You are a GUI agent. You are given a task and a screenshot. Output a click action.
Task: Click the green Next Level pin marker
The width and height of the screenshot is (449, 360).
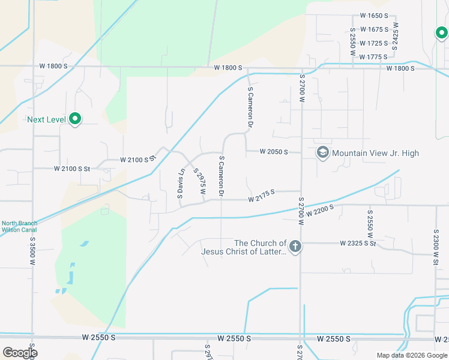(75, 119)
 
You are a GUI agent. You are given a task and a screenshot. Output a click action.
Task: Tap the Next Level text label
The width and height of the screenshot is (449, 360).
(46, 119)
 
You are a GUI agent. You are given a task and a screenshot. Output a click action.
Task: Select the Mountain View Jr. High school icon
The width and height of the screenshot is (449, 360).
(322, 152)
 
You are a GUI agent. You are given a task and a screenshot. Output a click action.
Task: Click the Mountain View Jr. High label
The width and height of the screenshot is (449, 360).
(375, 153)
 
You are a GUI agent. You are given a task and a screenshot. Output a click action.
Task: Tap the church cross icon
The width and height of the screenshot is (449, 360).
(295, 246)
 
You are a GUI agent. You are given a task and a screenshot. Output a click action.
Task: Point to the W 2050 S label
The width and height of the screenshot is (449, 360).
(274, 152)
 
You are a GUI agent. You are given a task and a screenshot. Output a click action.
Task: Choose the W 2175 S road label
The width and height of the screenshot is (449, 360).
(261, 196)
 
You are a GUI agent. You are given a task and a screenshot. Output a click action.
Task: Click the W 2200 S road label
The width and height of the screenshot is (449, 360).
(319, 210)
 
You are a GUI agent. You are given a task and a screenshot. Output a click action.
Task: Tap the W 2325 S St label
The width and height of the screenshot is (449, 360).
(357, 243)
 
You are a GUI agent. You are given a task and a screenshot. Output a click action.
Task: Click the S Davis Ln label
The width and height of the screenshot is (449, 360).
(180, 184)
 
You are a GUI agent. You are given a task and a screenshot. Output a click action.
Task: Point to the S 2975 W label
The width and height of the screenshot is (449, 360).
(199, 182)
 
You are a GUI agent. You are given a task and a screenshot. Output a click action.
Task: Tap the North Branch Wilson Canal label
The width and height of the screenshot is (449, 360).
(19, 226)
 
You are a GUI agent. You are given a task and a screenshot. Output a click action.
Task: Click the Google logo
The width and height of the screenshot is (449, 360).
(20, 352)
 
